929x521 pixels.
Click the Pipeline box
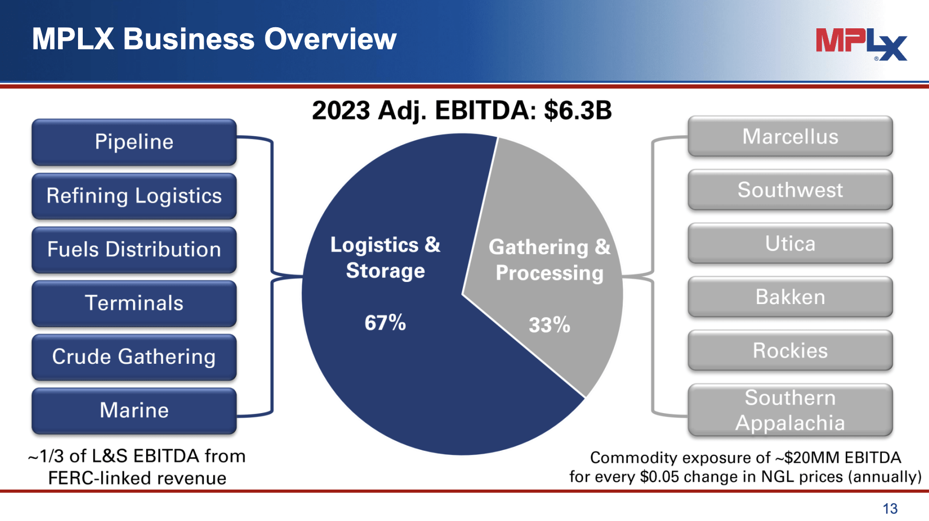(134, 142)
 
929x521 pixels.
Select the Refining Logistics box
(134, 196)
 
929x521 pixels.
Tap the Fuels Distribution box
(134, 249)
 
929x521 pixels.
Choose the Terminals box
(134, 303)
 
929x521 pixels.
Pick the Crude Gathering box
(134, 357)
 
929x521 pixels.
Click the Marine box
(134, 410)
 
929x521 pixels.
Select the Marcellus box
(790, 137)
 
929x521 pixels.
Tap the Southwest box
(790, 190)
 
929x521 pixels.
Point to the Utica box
(790, 244)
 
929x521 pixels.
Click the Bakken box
(790, 297)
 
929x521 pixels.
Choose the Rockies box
(790, 351)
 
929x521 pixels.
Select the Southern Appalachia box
(790, 410)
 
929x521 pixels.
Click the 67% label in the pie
(385, 323)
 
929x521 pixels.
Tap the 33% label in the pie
(549, 325)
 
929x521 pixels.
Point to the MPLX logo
(861, 44)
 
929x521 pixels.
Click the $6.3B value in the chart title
(578, 111)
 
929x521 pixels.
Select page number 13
(890, 508)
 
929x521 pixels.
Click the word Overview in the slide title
(330, 39)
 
